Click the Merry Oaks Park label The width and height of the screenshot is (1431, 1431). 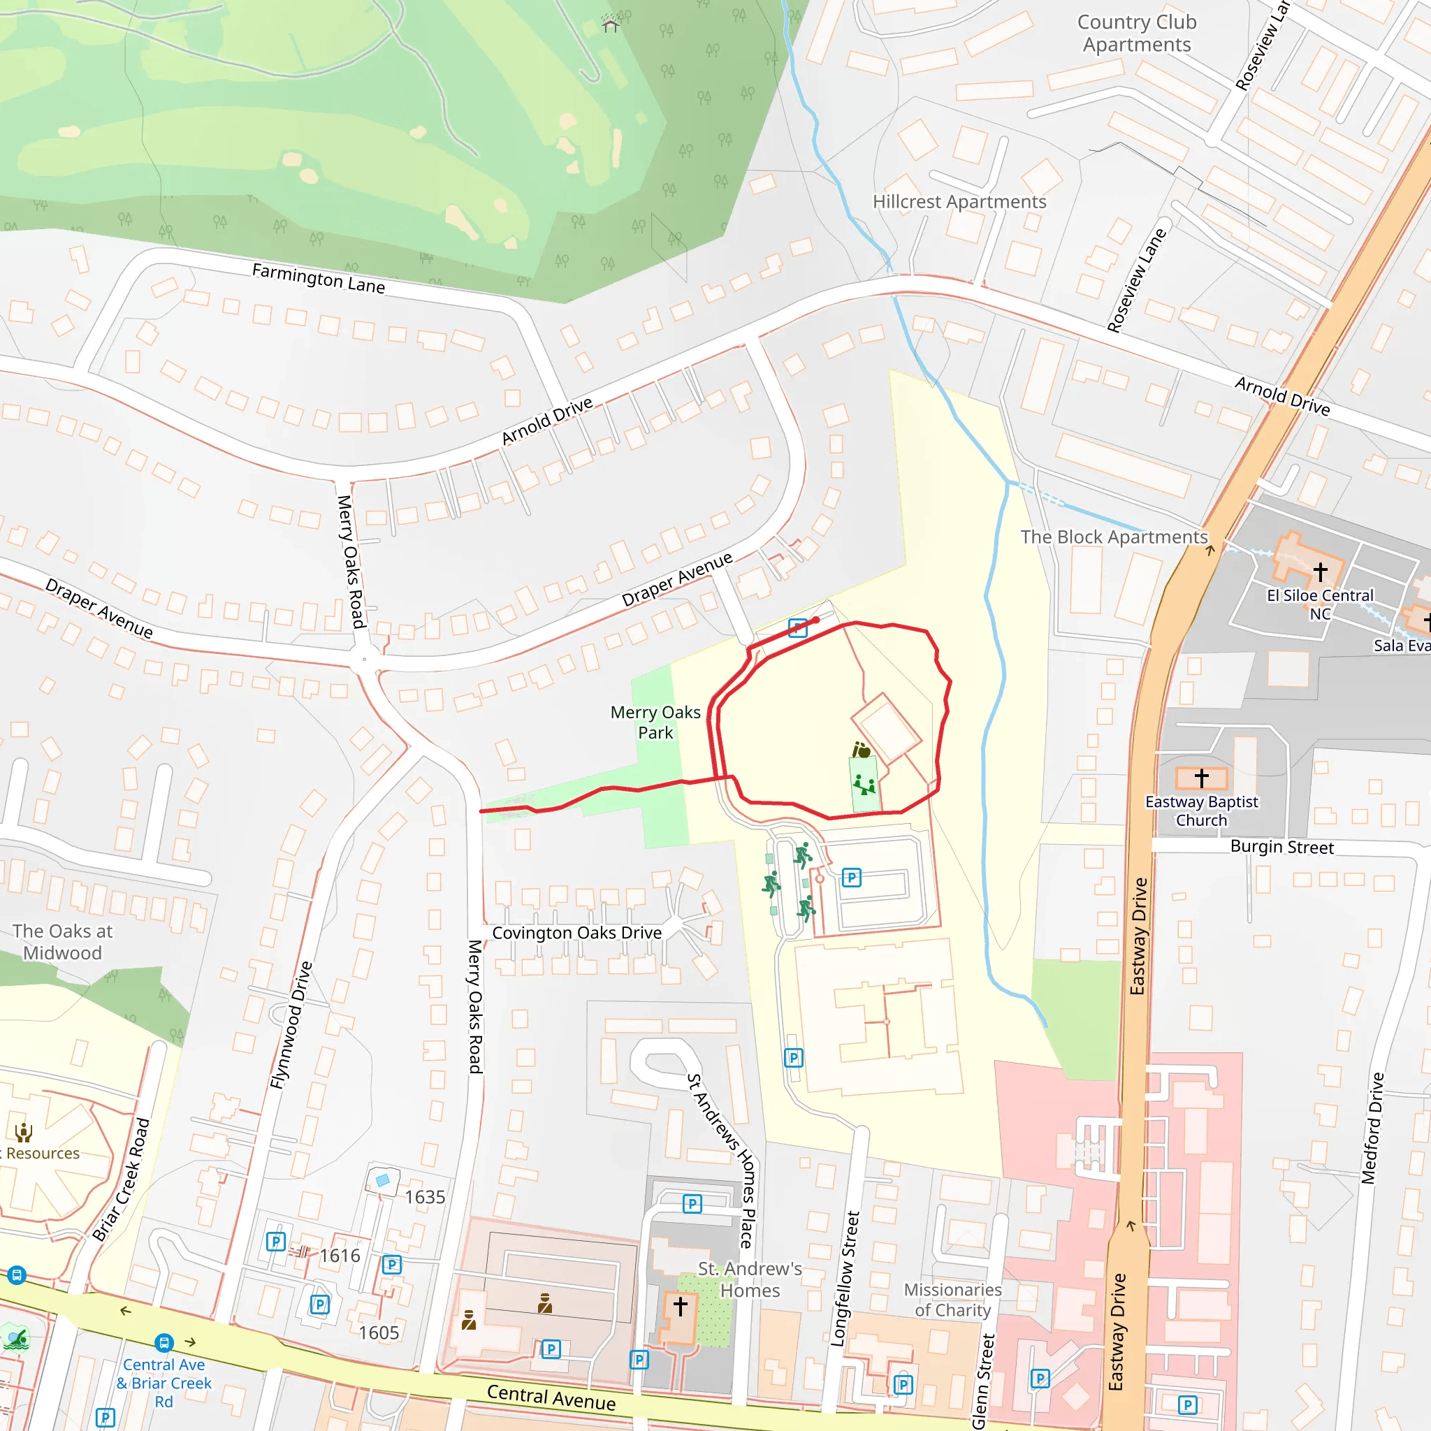(x=655, y=722)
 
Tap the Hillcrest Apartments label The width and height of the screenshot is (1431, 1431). (x=959, y=201)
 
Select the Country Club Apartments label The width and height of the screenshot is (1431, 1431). (x=1137, y=34)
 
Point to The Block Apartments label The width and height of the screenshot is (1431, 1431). (x=1113, y=537)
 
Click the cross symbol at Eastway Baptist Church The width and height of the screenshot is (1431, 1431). (x=1201, y=778)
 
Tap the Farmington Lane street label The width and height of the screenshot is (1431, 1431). (x=319, y=279)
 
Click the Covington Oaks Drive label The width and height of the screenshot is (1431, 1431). (x=577, y=933)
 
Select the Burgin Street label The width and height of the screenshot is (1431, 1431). (x=1281, y=847)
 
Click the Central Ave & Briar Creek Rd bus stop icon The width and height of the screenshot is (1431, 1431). (x=164, y=1342)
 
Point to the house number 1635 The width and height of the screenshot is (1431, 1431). (x=424, y=1197)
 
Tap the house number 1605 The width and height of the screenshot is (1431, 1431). (x=379, y=1332)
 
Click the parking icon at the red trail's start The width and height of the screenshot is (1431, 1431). (x=798, y=628)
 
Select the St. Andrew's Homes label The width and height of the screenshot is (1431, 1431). (x=750, y=1279)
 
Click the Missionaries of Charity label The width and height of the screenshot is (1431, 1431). (x=952, y=1300)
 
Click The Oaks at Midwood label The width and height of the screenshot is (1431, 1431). (x=62, y=941)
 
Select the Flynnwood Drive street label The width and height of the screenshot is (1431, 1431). (x=291, y=1025)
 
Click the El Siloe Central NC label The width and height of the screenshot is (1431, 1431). (x=1319, y=604)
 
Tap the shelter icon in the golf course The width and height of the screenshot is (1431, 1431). (x=610, y=26)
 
